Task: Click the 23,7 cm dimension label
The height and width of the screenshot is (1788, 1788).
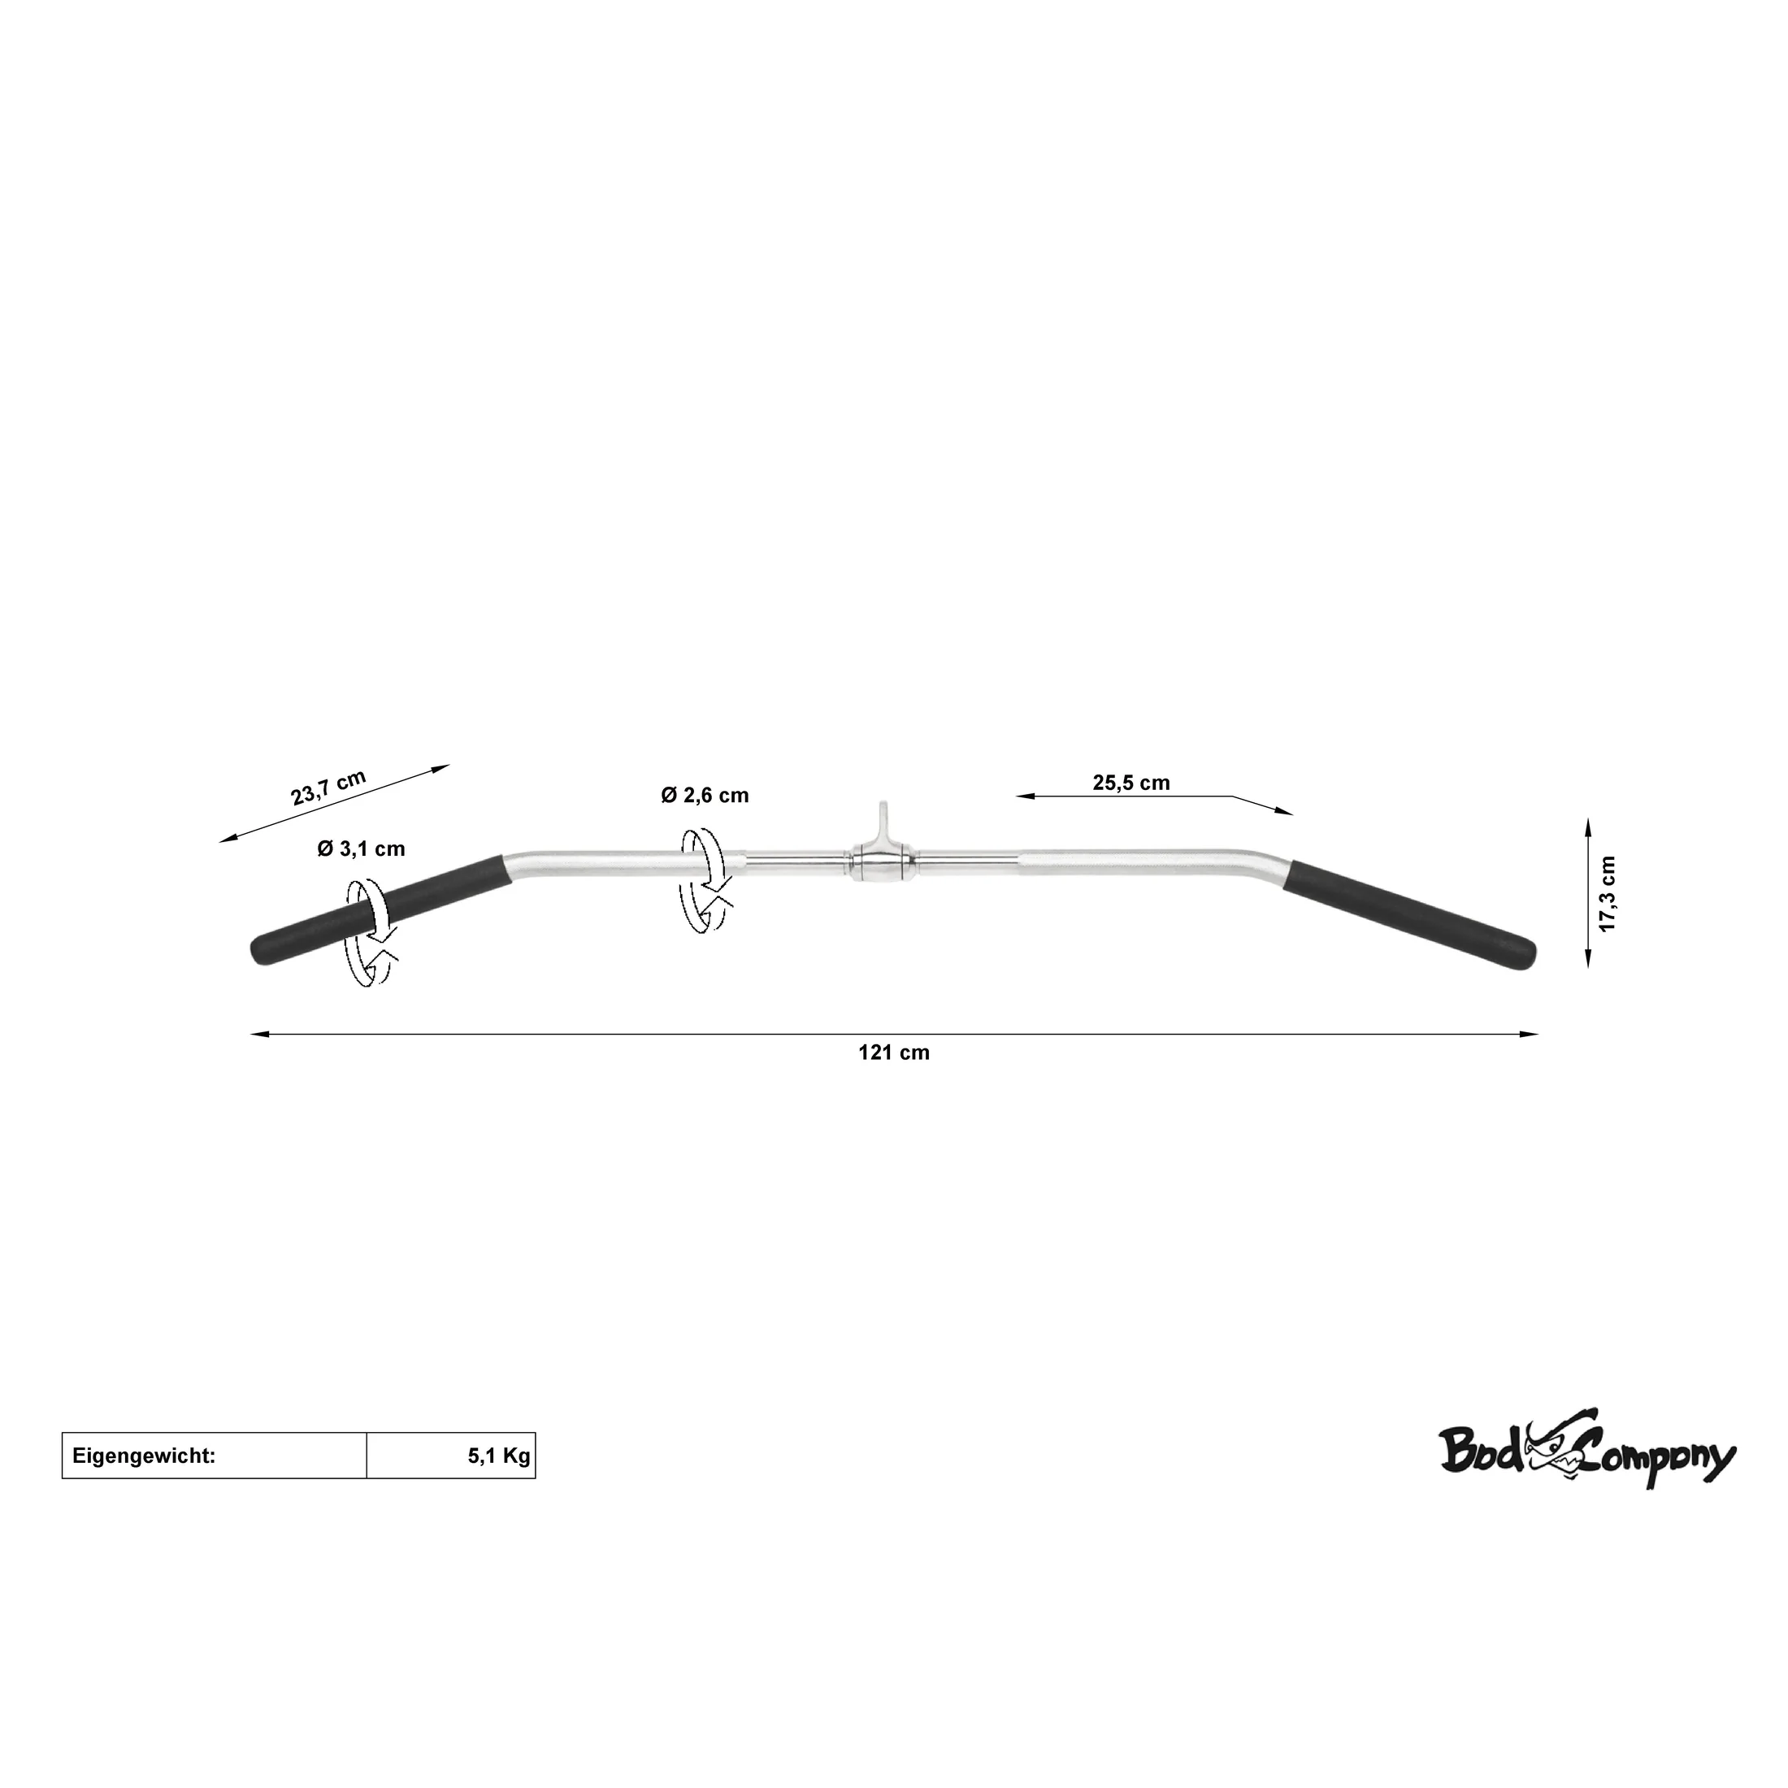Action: pos(328,788)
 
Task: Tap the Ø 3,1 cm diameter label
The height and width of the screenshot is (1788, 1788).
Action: pos(361,848)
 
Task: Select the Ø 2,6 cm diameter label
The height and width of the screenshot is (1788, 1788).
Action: pos(705,795)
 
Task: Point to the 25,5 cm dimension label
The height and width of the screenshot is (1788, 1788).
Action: pos(1131,783)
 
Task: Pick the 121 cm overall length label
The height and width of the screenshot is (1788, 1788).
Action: pos(894,1052)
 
